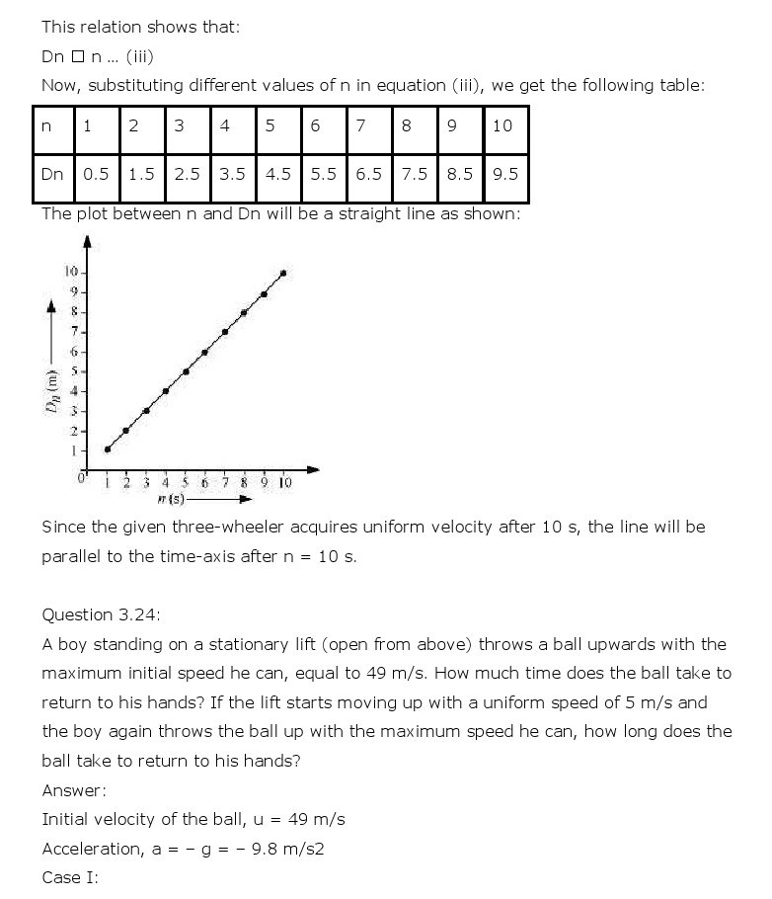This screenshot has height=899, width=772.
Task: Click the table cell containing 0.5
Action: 97,174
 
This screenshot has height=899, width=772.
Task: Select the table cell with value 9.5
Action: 504,174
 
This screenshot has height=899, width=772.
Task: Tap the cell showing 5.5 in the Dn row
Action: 323,174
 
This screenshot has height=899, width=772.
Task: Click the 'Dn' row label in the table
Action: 52,174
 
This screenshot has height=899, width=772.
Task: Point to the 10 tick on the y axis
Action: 72,272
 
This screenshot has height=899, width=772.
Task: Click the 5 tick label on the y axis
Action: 73,371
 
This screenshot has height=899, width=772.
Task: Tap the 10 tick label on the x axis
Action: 284,482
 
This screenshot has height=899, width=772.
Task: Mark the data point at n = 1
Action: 108,449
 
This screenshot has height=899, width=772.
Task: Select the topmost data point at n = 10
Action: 284,273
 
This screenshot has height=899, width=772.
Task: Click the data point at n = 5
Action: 186,371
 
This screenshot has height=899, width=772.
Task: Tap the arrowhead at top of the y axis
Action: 87,240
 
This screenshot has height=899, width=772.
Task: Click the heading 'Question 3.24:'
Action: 101,614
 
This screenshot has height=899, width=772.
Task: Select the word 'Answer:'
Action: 74,790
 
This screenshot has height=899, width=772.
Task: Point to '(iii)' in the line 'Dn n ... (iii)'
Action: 139,56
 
